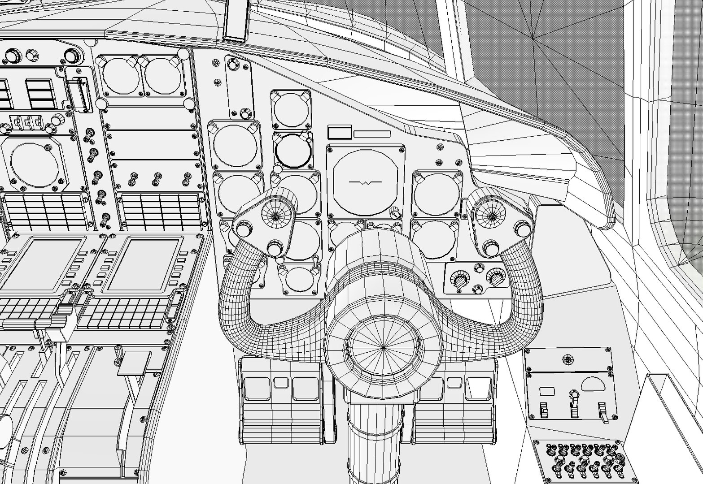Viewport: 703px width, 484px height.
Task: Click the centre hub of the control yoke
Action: point(384,347)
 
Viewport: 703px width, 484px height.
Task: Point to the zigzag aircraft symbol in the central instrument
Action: point(366,183)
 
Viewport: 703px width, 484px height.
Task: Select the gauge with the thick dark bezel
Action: point(292,150)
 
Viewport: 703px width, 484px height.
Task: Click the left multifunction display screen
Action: point(43,265)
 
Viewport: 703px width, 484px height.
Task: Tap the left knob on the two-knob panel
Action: point(460,281)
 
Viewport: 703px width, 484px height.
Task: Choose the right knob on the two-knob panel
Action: point(496,278)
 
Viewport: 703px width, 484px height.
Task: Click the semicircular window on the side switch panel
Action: point(595,383)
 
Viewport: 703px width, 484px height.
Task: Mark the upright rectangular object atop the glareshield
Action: point(236,20)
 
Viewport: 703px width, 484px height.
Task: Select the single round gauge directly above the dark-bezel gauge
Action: point(291,110)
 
